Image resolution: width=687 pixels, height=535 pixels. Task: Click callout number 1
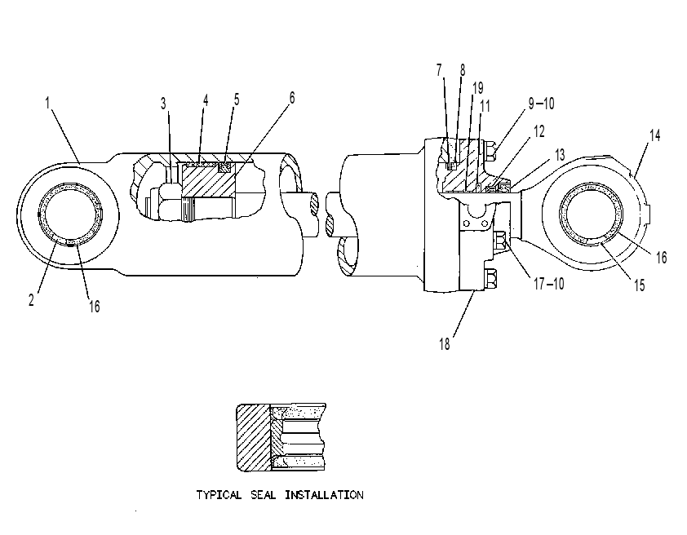(47, 103)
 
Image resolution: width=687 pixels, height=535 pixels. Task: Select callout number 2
(31, 300)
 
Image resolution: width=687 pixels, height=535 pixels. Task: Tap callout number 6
(292, 98)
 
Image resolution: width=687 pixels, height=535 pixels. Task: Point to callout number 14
(654, 135)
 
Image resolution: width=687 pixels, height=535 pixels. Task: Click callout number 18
(445, 344)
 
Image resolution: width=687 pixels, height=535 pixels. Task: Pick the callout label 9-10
(541, 104)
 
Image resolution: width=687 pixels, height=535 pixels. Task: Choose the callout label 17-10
(548, 284)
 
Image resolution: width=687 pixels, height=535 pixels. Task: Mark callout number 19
(478, 87)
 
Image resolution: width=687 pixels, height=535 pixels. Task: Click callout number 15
(640, 285)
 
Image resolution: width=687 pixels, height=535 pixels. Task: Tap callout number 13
(560, 155)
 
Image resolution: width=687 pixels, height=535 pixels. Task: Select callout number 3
(163, 104)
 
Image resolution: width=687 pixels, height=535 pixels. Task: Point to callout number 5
(237, 99)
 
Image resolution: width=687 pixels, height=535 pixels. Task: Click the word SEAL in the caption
(264, 495)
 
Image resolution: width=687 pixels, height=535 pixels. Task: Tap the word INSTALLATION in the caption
(324, 495)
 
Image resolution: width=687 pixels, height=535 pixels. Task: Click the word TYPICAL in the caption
(219, 495)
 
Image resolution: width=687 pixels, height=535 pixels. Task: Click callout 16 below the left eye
(95, 307)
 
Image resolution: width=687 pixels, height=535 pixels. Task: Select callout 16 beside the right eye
(661, 258)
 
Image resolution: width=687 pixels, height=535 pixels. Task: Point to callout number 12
(539, 131)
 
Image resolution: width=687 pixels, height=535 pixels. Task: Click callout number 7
(439, 69)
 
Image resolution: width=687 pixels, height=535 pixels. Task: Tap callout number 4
(206, 99)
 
